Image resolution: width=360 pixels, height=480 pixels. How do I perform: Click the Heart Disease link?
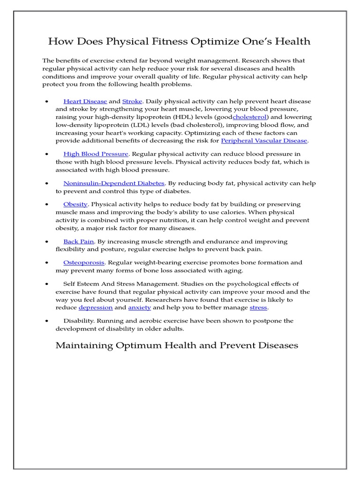[85, 101]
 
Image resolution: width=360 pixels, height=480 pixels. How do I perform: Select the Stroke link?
[132, 101]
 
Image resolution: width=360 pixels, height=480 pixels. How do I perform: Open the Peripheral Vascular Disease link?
[264, 140]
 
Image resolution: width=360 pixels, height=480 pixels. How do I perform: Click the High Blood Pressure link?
[96, 154]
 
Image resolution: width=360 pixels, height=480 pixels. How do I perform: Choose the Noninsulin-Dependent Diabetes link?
[114, 183]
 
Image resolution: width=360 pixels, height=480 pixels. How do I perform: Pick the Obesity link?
[75, 204]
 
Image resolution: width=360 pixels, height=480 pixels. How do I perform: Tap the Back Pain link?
[79, 241]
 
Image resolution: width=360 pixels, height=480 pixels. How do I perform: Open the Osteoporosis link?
[84, 262]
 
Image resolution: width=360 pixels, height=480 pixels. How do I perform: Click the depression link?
[96, 307]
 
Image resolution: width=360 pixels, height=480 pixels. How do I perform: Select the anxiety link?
[139, 307]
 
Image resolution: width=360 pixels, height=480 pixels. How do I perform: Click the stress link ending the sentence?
[258, 307]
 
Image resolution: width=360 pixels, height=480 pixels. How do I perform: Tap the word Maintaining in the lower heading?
[84, 345]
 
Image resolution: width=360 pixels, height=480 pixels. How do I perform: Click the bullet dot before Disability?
[47, 321]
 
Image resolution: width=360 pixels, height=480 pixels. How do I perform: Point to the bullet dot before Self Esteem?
[47, 284]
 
